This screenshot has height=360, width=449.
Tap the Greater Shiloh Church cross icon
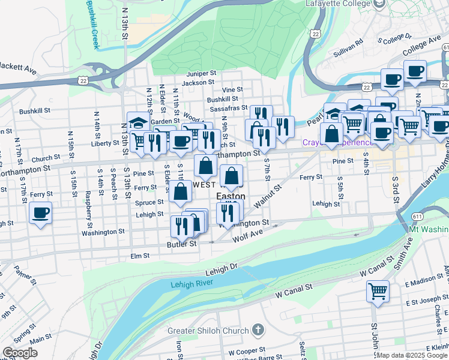click(x=258, y=330)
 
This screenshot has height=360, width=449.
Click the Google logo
click(x=20, y=353)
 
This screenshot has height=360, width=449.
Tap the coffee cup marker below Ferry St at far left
click(x=40, y=213)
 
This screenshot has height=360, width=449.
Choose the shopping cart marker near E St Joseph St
click(x=378, y=292)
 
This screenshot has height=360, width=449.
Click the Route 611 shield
click(x=416, y=215)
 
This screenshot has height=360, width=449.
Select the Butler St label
click(x=182, y=244)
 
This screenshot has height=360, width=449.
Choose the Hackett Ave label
click(x=18, y=68)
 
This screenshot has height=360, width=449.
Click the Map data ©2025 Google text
click(x=412, y=355)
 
